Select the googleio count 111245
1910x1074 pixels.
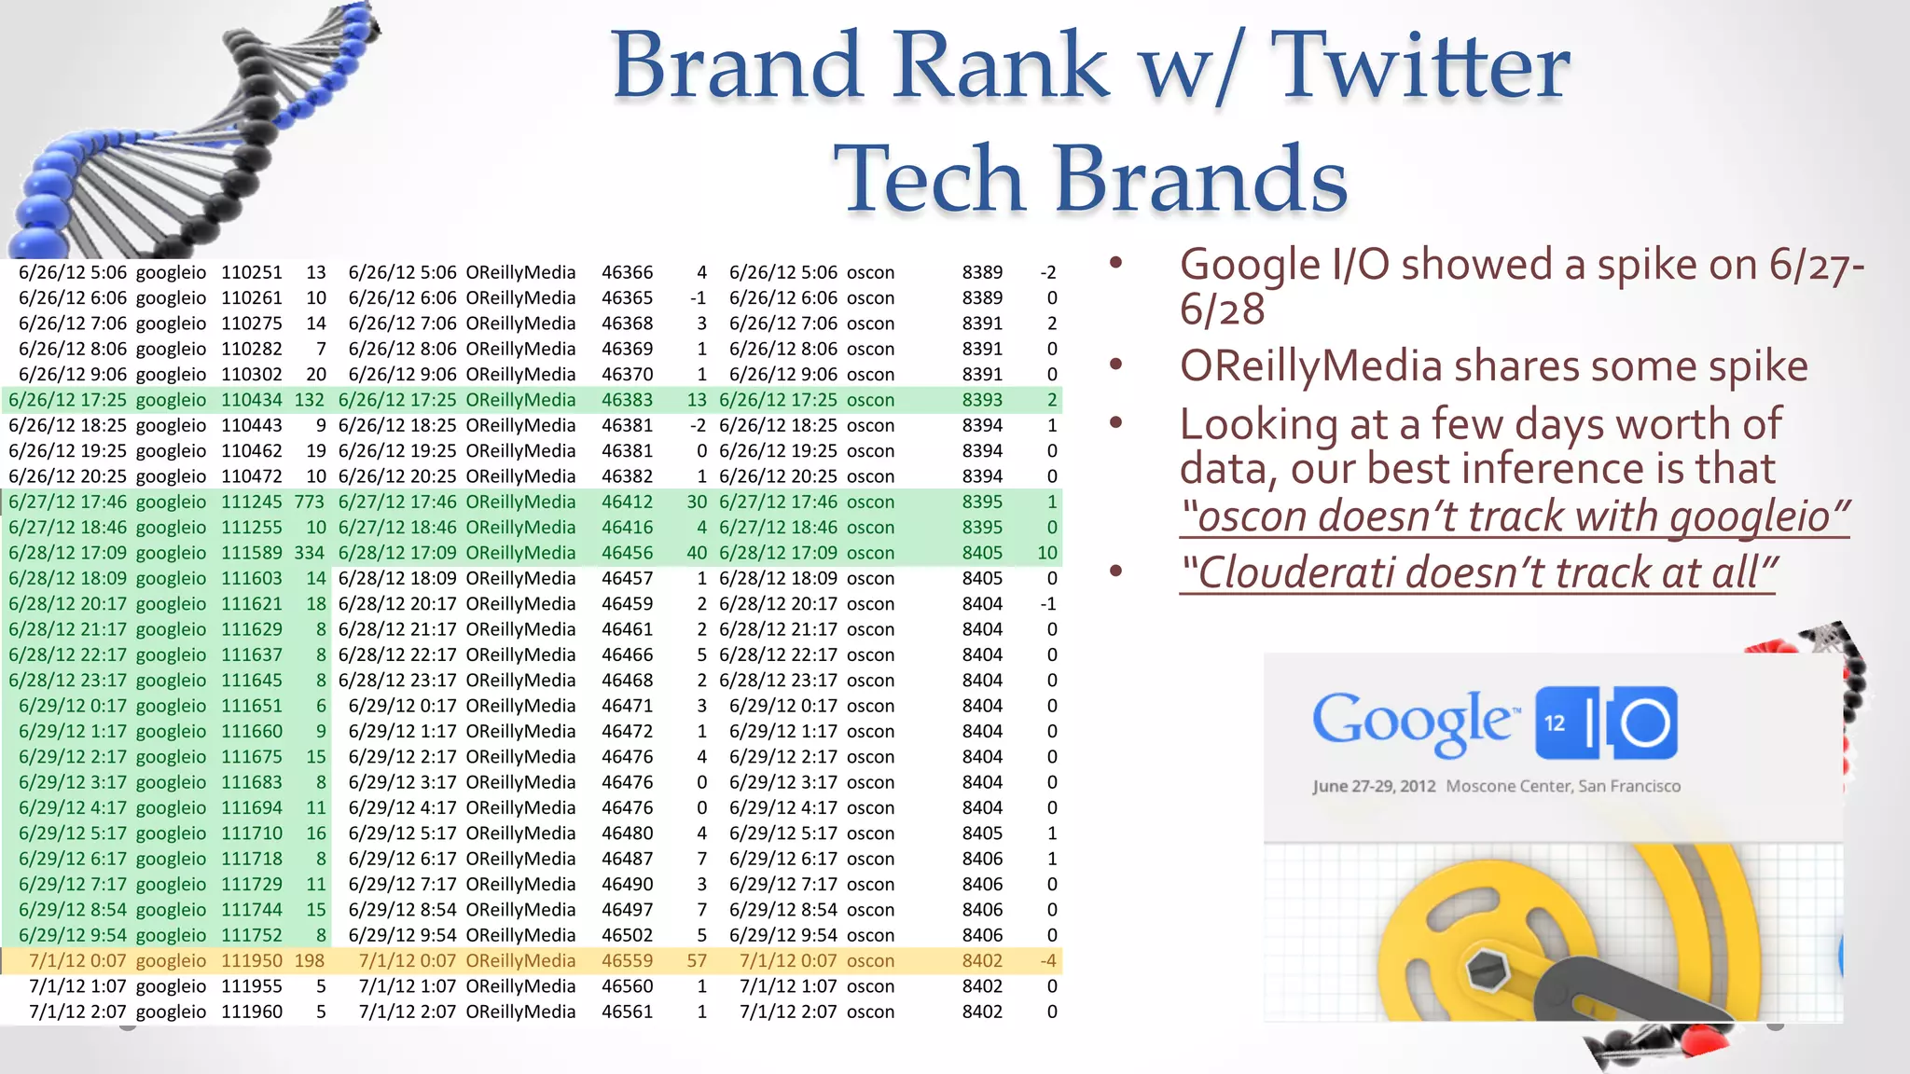251,502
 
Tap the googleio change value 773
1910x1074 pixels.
309,502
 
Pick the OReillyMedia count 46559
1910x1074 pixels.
627,960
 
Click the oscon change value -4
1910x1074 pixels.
1048,960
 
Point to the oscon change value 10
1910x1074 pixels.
1046,553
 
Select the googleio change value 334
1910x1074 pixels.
309,553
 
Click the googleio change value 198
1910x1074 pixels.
309,960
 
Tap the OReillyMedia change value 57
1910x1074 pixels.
697,960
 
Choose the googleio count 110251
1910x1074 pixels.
251,272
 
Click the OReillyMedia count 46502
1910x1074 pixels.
627,935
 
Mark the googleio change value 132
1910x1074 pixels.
309,400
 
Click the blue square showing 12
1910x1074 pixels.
1556,723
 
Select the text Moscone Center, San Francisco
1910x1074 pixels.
1563,786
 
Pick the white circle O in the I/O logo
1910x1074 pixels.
1643,723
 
